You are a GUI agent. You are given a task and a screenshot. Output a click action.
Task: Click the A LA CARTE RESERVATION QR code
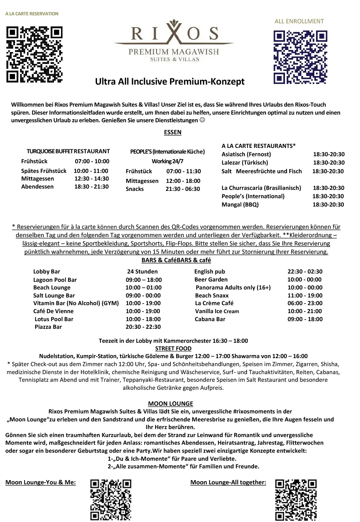pyautogui.click(x=35, y=55)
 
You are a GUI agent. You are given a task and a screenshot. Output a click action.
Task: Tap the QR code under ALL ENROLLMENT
pyautogui.click(x=300, y=57)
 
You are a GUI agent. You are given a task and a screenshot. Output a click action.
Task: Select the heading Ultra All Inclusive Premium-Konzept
pyautogui.click(x=170, y=82)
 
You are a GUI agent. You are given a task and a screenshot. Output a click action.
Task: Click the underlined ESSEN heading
pyautogui.click(x=173, y=132)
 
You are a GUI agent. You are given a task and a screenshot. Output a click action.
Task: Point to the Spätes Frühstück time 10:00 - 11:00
pyautogui.click(x=91, y=171)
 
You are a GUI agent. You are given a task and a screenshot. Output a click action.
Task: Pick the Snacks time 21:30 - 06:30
pyautogui.click(x=183, y=189)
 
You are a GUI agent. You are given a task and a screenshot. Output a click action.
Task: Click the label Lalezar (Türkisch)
pyautogui.click(x=245, y=163)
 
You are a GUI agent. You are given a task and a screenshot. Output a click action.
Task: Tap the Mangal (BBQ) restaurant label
pyautogui.click(x=240, y=205)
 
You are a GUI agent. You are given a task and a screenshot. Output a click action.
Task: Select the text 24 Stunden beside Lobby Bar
pyautogui.click(x=142, y=271)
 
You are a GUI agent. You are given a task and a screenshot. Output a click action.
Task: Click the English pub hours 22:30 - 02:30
pyautogui.click(x=305, y=271)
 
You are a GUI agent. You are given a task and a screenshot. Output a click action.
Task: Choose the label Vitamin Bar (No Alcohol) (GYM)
pyautogui.click(x=76, y=303)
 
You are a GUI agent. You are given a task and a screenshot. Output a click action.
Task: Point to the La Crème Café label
pyautogui.click(x=214, y=303)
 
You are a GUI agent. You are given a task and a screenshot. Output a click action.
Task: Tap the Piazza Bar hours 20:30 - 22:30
pyautogui.click(x=143, y=327)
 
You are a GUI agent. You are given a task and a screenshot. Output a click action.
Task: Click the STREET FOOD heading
pyautogui.click(x=173, y=348)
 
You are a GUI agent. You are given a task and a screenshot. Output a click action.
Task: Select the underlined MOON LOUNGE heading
pyautogui.click(x=171, y=404)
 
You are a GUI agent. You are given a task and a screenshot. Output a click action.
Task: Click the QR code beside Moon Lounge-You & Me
pyautogui.click(x=111, y=500)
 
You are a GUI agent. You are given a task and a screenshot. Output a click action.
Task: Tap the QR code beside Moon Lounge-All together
pyautogui.click(x=296, y=500)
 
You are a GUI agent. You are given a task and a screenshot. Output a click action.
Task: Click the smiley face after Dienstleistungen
pyautogui.click(x=202, y=120)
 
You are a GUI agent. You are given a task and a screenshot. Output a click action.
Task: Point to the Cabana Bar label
pyautogui.click(x=210, y=319)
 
